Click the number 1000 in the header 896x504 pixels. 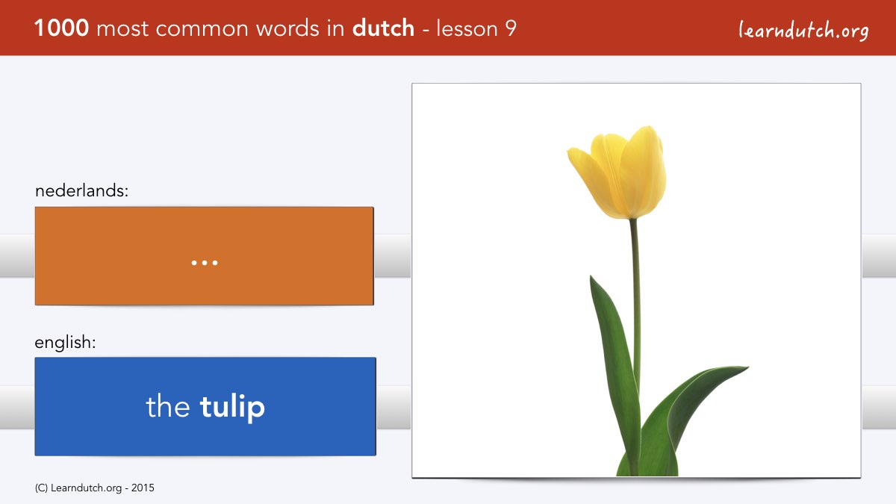point(61,28)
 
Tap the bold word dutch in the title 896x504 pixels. point(383,28)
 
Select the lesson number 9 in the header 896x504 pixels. point(511,28)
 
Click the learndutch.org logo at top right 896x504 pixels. point(803,31)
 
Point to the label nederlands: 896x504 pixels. point(82,190)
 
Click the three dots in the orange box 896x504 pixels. point(205,263)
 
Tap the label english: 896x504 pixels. point(65,343)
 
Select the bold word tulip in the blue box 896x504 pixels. point(232,407)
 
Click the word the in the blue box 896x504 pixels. point(167,405)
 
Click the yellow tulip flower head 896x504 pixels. point(619,172)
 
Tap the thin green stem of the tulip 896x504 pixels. point(635,304)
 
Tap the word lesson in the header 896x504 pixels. point(467,28)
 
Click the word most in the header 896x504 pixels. point(122,29)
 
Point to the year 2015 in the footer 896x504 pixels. point(143,488)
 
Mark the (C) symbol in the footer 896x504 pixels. point(41,488)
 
